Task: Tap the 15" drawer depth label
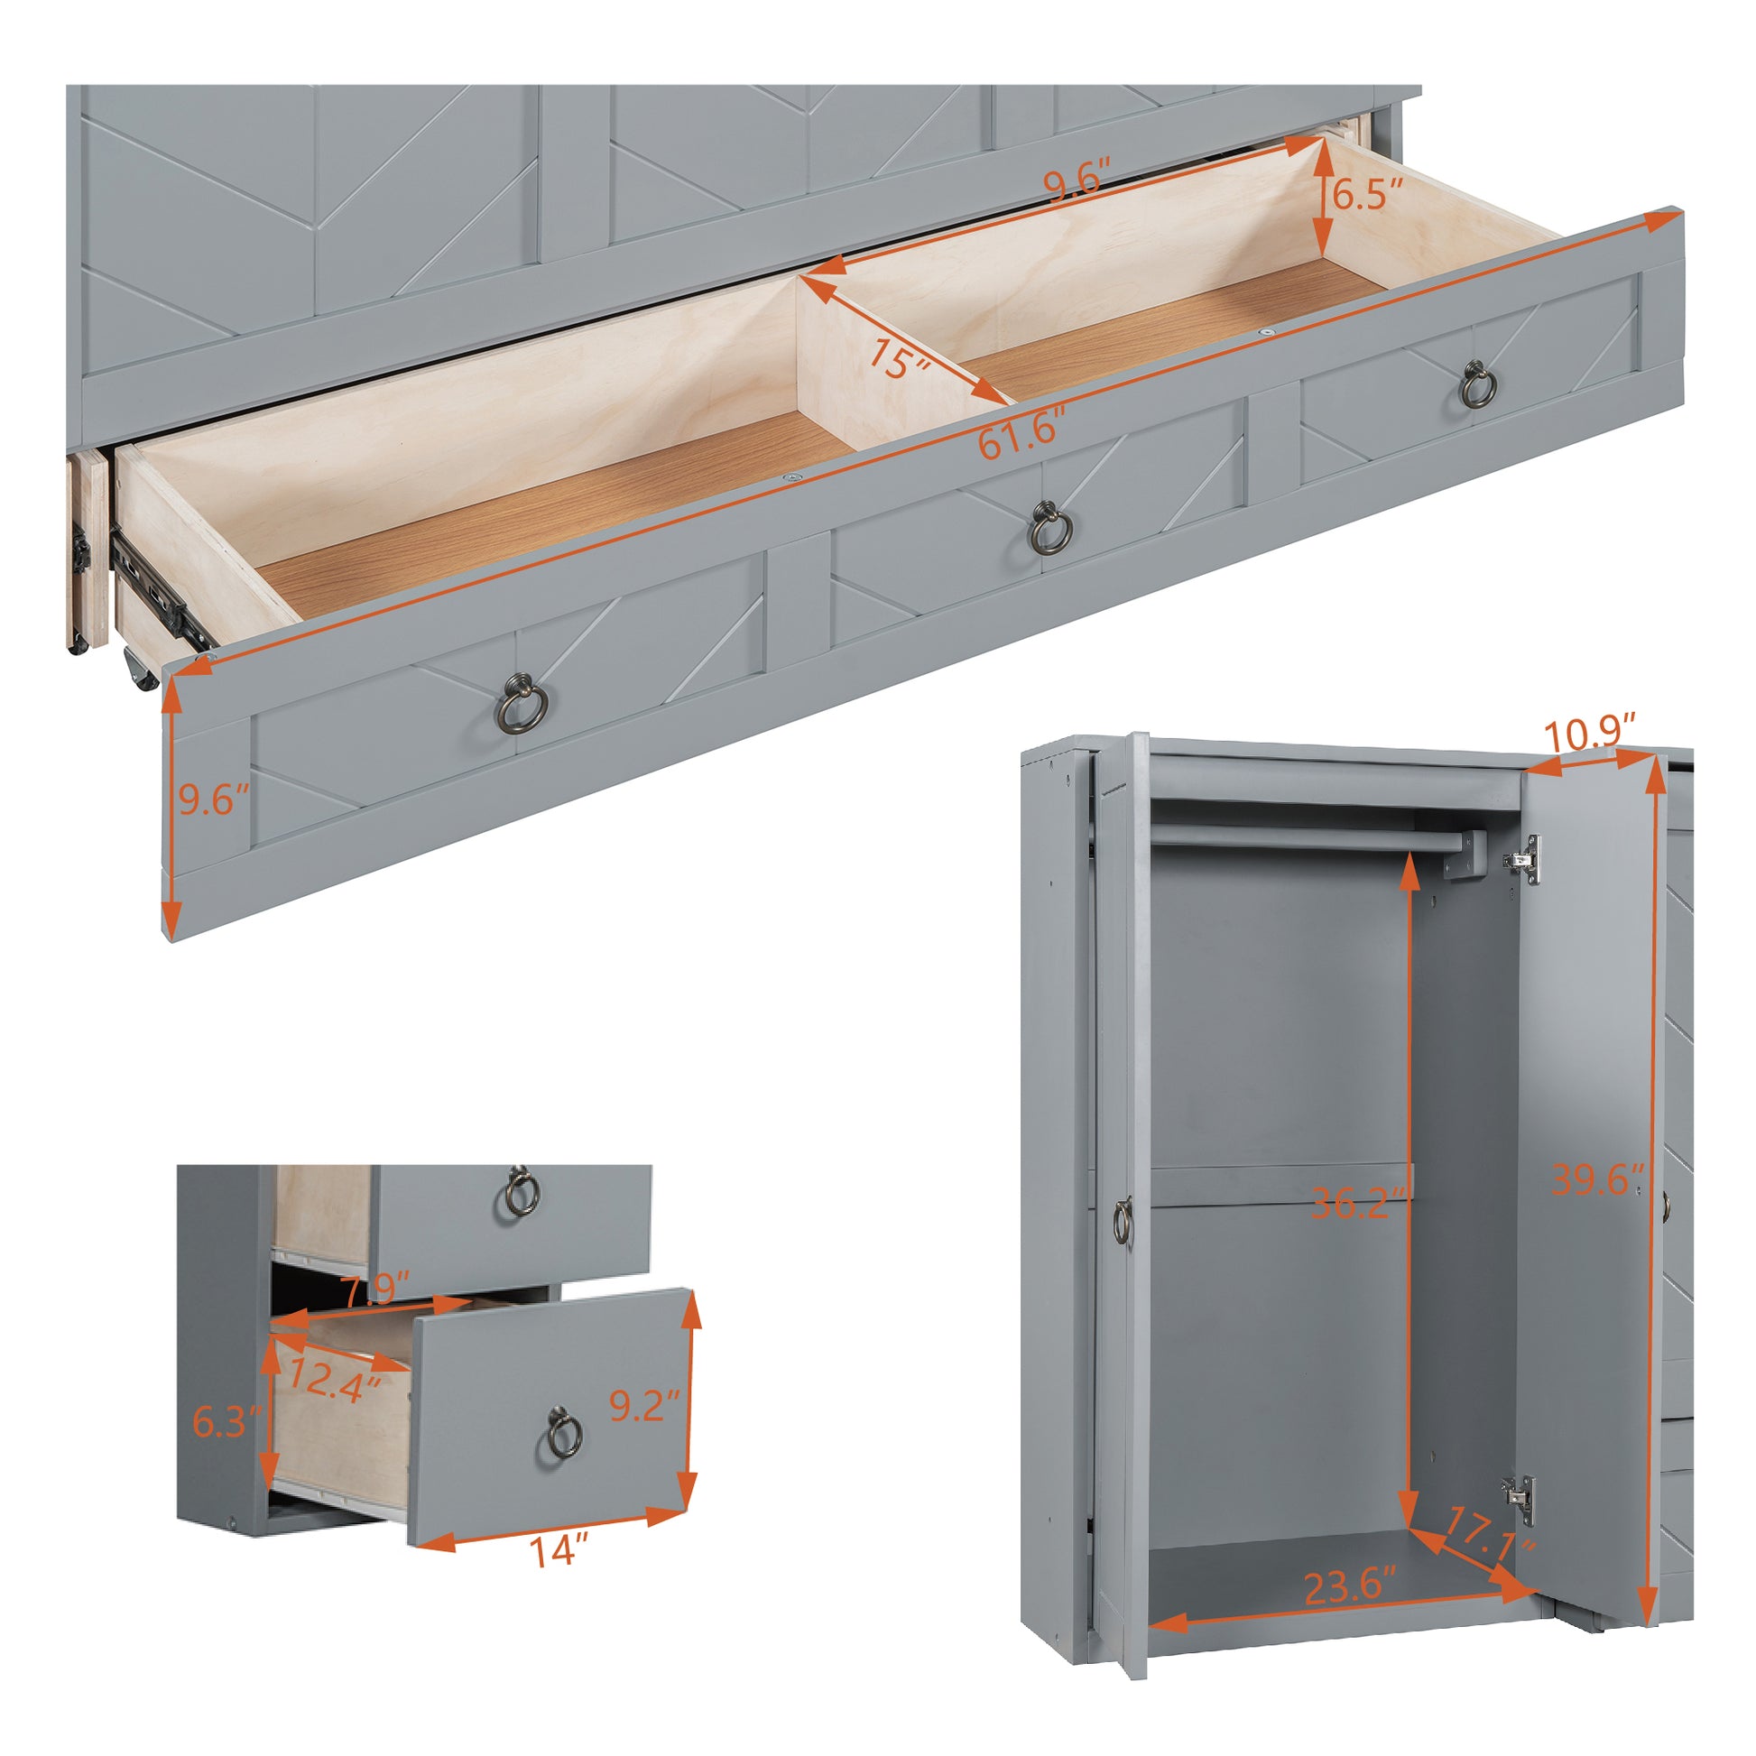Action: click(x=898, y=357)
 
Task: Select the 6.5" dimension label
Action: click(x=1367, y=193)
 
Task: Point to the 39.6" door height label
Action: click(x=1598, y=1178)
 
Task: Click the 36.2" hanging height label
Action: click(x=1361, y=1205)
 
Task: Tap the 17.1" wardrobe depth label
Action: click(x=1491, y=1535)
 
